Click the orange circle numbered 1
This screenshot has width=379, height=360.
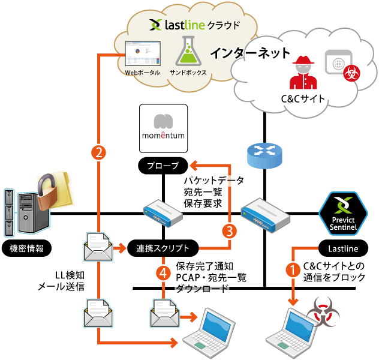(293, 269)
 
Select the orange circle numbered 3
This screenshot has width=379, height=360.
(229, 230)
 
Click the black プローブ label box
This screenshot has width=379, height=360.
(163, 165)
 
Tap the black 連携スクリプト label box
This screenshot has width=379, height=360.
(163, 248)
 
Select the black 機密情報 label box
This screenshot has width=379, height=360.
(26, 248)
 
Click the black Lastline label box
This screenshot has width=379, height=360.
(343, 248)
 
